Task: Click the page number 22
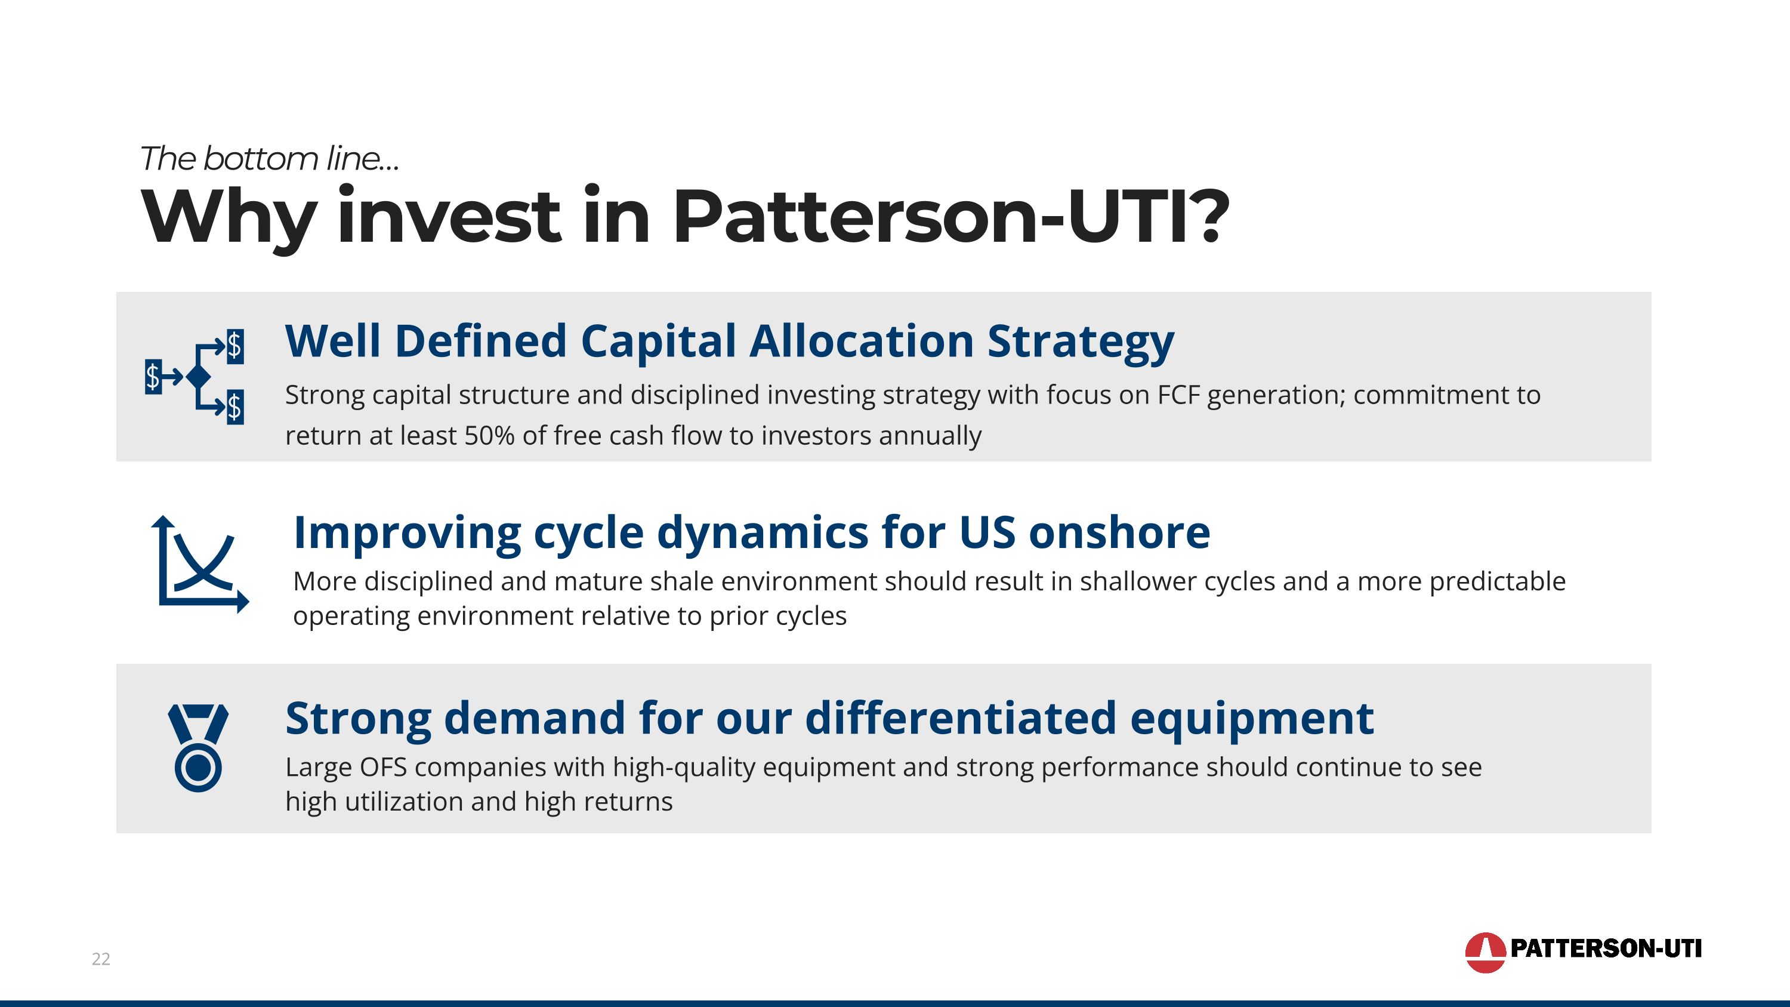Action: click(101, 959)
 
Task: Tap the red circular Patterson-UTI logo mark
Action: click(1485, 952)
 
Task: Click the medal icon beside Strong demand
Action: click(198, 748)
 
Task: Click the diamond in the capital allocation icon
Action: click(199, 377)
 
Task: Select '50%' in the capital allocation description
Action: click(489, 436)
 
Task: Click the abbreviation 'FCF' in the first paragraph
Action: click(1178, 395)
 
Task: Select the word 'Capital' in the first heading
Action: click(658, 342)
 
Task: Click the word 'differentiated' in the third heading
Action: click(959, 718)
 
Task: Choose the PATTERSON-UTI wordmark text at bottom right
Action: click(1606, 949)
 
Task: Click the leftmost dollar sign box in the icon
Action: click(153, 377)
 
